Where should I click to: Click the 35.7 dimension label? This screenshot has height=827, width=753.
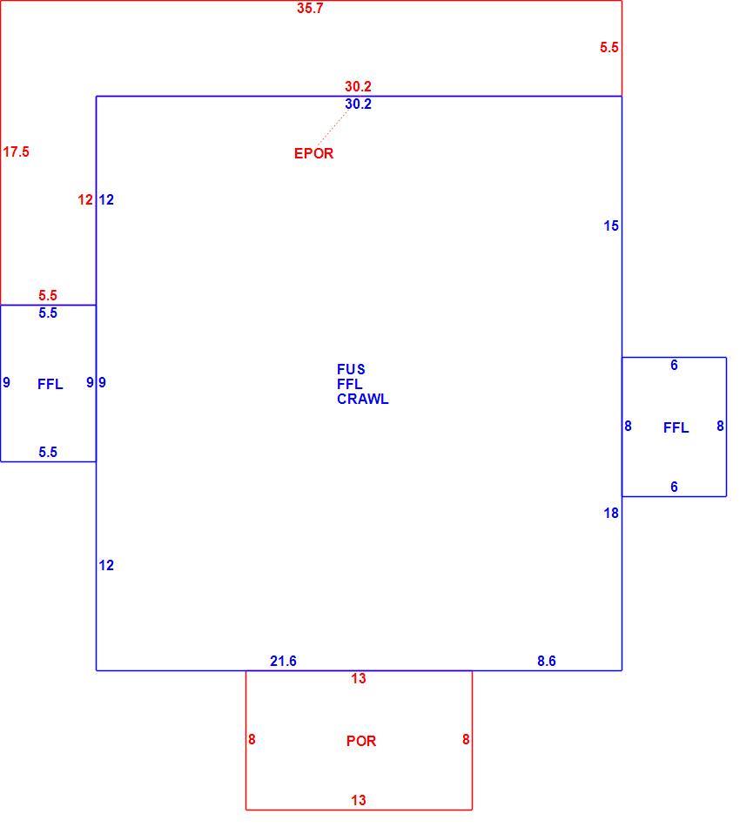(310, 9)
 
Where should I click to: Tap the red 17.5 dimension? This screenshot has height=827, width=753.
(16, 151)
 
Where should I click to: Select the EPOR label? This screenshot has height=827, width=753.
(313, 153)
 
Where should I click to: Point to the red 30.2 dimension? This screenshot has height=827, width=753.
(358, 86)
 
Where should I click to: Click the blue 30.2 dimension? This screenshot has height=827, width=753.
(358, 104)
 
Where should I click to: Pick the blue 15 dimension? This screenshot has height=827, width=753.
(611, 225)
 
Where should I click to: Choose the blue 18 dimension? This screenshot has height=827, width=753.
(611, 513)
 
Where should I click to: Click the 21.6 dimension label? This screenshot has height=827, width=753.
(283, 661)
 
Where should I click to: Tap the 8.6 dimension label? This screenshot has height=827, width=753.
(547, 661)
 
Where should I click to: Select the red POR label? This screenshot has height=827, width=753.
(361, 741)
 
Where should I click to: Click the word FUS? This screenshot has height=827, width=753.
(351, 369)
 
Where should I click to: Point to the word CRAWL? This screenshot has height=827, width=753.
(363, 400)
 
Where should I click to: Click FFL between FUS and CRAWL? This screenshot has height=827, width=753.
(350, 384)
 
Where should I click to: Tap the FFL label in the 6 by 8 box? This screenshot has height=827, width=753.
(676, 427)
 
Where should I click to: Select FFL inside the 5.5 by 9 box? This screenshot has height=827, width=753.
(50, 384)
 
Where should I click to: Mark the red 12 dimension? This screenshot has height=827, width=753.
(85, 200)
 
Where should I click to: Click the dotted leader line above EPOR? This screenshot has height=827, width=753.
(333, 128)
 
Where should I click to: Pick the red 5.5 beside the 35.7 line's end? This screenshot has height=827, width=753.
(609, 48)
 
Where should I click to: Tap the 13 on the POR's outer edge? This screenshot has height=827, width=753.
(359, 800)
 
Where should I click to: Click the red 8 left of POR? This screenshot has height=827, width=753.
(252, 739)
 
